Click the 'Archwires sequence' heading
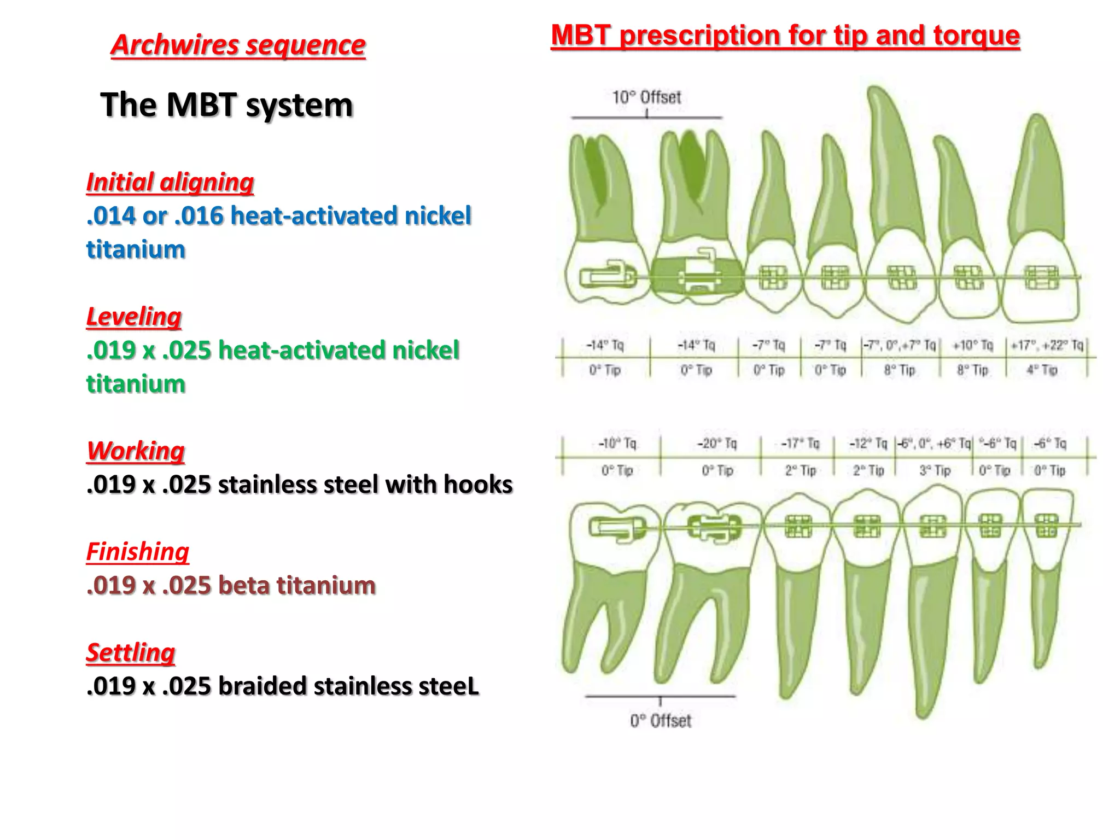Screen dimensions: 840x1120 tap(238, 45)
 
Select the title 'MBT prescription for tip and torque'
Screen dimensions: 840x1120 tap(785, 36)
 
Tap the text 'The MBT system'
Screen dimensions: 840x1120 tap(226, 104)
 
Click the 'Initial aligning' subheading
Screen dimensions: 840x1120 tap(170, 182)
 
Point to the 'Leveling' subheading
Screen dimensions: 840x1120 tap(134, 317)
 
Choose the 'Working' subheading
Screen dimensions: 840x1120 tap(136, 451)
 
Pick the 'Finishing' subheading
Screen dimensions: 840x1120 tap(138, 552)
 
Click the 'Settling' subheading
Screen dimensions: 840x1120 tap(131, 652)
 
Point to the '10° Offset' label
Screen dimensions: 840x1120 tap(646, 98)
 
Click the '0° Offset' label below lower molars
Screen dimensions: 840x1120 tap(661, 721)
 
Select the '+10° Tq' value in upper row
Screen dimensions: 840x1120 tap(972, 346)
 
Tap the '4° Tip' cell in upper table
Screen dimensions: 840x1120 tap(1042, 370)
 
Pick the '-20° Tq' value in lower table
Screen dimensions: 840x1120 tap(716, 444)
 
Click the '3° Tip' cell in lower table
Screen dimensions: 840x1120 tap(934, 470)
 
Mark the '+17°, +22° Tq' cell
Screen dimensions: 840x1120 tap(1047, 346)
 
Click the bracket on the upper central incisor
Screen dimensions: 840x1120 tap(1042, 277)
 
